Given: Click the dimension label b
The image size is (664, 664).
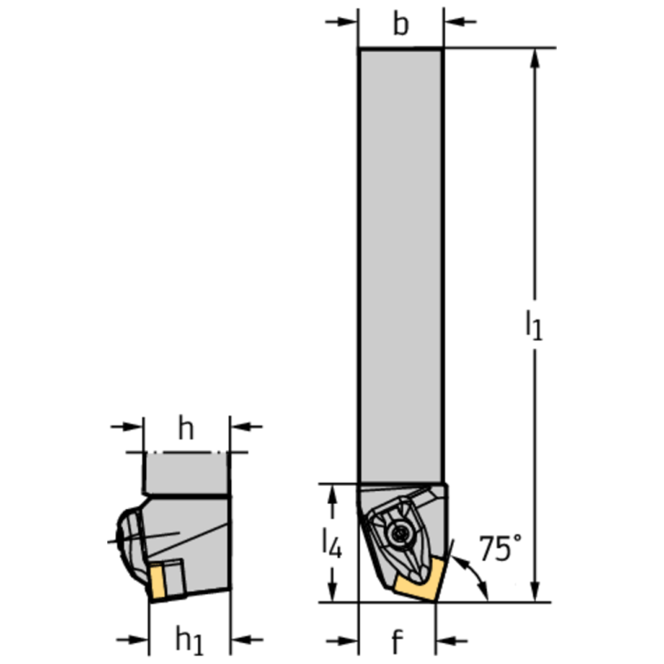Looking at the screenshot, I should click(x=400, y=24).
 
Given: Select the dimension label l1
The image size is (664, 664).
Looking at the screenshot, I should click(x=534, y=325).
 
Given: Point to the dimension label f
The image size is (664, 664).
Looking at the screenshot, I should click(x=396, y=641).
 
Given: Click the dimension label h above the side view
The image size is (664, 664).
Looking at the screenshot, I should click(x=185, y=428).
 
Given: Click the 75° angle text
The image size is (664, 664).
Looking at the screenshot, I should click(x=500, y=548).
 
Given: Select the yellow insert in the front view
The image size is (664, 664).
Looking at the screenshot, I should click(x=418, y=581).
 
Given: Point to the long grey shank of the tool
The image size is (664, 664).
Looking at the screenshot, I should click(x=400, y=260).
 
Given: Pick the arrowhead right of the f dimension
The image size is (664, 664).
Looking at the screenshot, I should click(x=444, y=641).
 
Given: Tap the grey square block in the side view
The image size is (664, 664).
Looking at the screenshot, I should click(x=186, y=473).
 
